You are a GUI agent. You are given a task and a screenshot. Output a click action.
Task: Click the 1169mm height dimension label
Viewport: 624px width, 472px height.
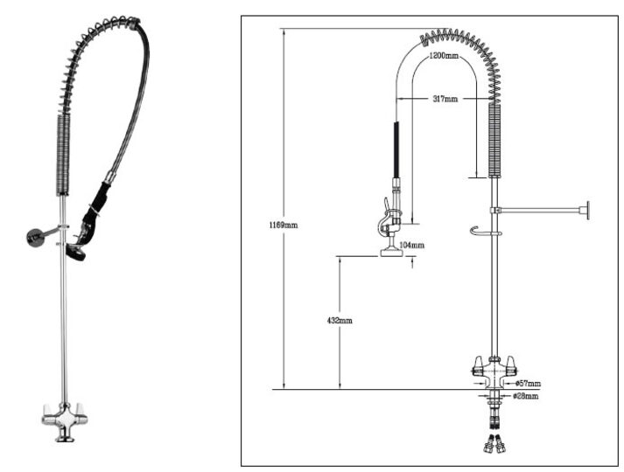[283, 225]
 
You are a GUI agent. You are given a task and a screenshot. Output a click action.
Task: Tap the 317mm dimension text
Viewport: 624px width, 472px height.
[444, 99]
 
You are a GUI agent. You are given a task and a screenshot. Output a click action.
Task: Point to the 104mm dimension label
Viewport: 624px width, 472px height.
[411, 246]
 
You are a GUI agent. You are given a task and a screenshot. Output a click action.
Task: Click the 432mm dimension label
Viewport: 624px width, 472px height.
[339, 321]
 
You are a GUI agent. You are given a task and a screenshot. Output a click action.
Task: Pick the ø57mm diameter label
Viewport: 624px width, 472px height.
[528, 383]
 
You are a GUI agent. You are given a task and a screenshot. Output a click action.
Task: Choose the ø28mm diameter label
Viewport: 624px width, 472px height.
[525, 396]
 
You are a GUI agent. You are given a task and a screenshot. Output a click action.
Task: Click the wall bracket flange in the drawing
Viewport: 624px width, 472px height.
[589, 210]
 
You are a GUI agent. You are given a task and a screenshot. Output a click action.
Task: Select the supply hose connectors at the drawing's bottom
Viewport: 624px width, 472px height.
[493, 441]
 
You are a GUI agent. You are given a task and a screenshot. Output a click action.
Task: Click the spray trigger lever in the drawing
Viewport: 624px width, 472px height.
[383, 219]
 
